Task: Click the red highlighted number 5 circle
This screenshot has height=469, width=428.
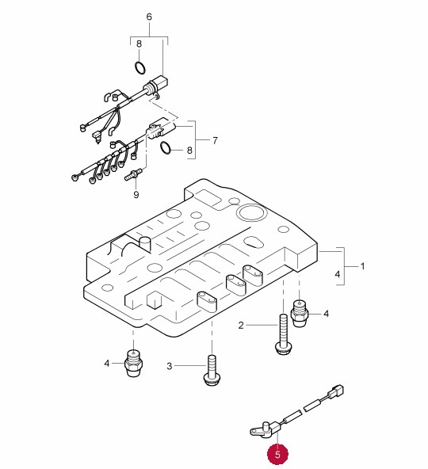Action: [277, 454]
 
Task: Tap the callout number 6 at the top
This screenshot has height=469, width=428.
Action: [149, 17]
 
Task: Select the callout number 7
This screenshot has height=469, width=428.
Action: [215, 140]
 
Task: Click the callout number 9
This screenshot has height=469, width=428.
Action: [136, 195]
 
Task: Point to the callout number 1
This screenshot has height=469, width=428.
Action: [362, 266]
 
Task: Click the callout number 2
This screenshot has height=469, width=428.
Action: [241, 325]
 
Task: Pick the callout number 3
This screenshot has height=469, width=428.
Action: [170, 366]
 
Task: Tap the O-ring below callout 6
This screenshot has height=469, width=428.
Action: [139, 67]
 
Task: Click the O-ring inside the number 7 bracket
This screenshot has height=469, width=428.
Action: [166, 148]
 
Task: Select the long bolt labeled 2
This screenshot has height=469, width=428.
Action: [283, 334]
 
